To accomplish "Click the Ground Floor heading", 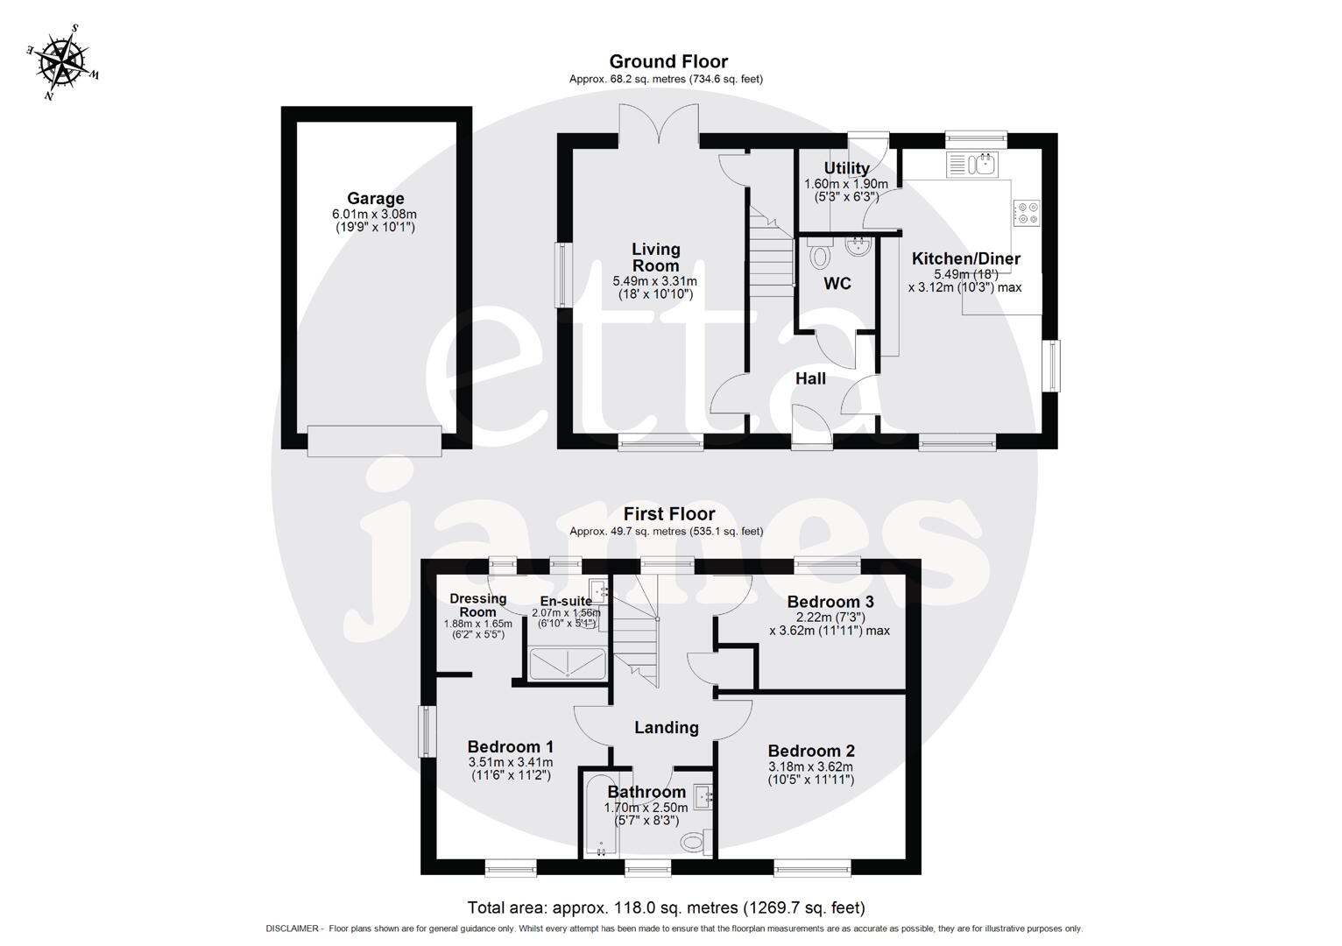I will [667, 61].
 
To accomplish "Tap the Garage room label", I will [375, 199].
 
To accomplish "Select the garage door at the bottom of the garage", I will [375, 441].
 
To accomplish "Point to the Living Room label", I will [655, 258].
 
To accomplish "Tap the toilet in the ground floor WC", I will [820, 256].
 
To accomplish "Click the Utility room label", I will [846, 168].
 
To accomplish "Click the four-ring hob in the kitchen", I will [1026, 213].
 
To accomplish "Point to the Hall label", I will [810, 378].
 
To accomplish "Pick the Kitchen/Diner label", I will [965, 258].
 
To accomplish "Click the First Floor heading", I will [668, 514].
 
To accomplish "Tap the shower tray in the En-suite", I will [567, 665].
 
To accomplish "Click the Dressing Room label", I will [477, 605].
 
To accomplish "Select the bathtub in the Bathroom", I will [601, 815].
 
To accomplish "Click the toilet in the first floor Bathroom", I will [692, 843].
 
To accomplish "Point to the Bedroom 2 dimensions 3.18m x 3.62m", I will [810, 767].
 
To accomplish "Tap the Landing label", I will [666, 727].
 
